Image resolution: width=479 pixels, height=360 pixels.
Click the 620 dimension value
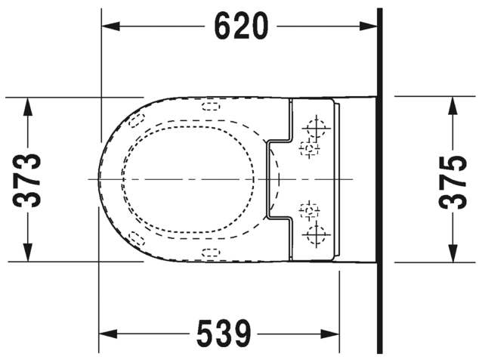tap(240, 26)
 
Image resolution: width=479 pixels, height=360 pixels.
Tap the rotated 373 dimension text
tap(28, 179)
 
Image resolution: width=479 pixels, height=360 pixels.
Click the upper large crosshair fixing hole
tap(317, 125)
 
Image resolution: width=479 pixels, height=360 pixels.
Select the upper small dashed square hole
tap(307, 147)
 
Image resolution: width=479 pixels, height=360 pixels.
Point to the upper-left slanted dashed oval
tap(136, 119)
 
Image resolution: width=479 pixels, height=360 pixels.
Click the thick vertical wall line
tap(380, 179)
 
